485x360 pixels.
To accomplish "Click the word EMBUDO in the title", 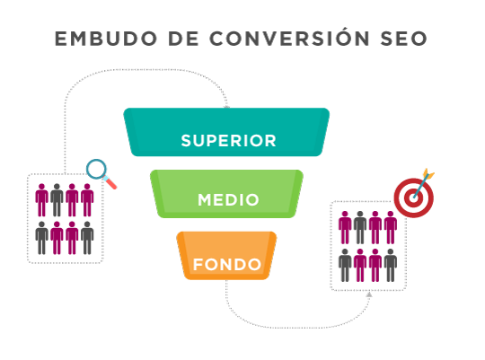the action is (x=106, y=39).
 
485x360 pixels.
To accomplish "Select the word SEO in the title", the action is (x=403, y=39).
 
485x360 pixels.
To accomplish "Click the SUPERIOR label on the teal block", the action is (x=228, y=141).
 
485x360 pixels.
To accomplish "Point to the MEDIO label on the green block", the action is (x=228, y=200).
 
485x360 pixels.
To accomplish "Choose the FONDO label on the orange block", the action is (x=227, y=265).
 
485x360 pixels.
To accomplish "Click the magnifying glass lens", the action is (x=96, y=169).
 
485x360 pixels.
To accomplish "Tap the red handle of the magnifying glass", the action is (x=110, y=183).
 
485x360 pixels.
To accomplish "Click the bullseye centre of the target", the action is (x=413, y=198).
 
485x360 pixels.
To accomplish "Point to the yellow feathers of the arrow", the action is (x=428, y=174).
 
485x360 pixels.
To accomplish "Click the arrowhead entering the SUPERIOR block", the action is (x=226, y=107).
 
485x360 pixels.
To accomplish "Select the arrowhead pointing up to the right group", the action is (x=369, y=294).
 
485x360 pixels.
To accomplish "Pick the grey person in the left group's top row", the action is (x=57, y=200).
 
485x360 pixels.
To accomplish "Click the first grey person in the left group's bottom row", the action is (x=41, y=238).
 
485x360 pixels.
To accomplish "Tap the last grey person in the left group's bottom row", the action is (x=87, y=238).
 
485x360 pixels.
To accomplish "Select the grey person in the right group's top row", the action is (x=360, y=227).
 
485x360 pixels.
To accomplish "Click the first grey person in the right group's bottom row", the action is (x=345, y=265).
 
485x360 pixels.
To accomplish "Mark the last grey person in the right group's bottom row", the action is (x=391, y=265).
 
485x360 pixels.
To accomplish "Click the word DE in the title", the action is (x=183, y=39).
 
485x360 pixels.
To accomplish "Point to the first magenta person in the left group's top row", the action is (x=41, y=200).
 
